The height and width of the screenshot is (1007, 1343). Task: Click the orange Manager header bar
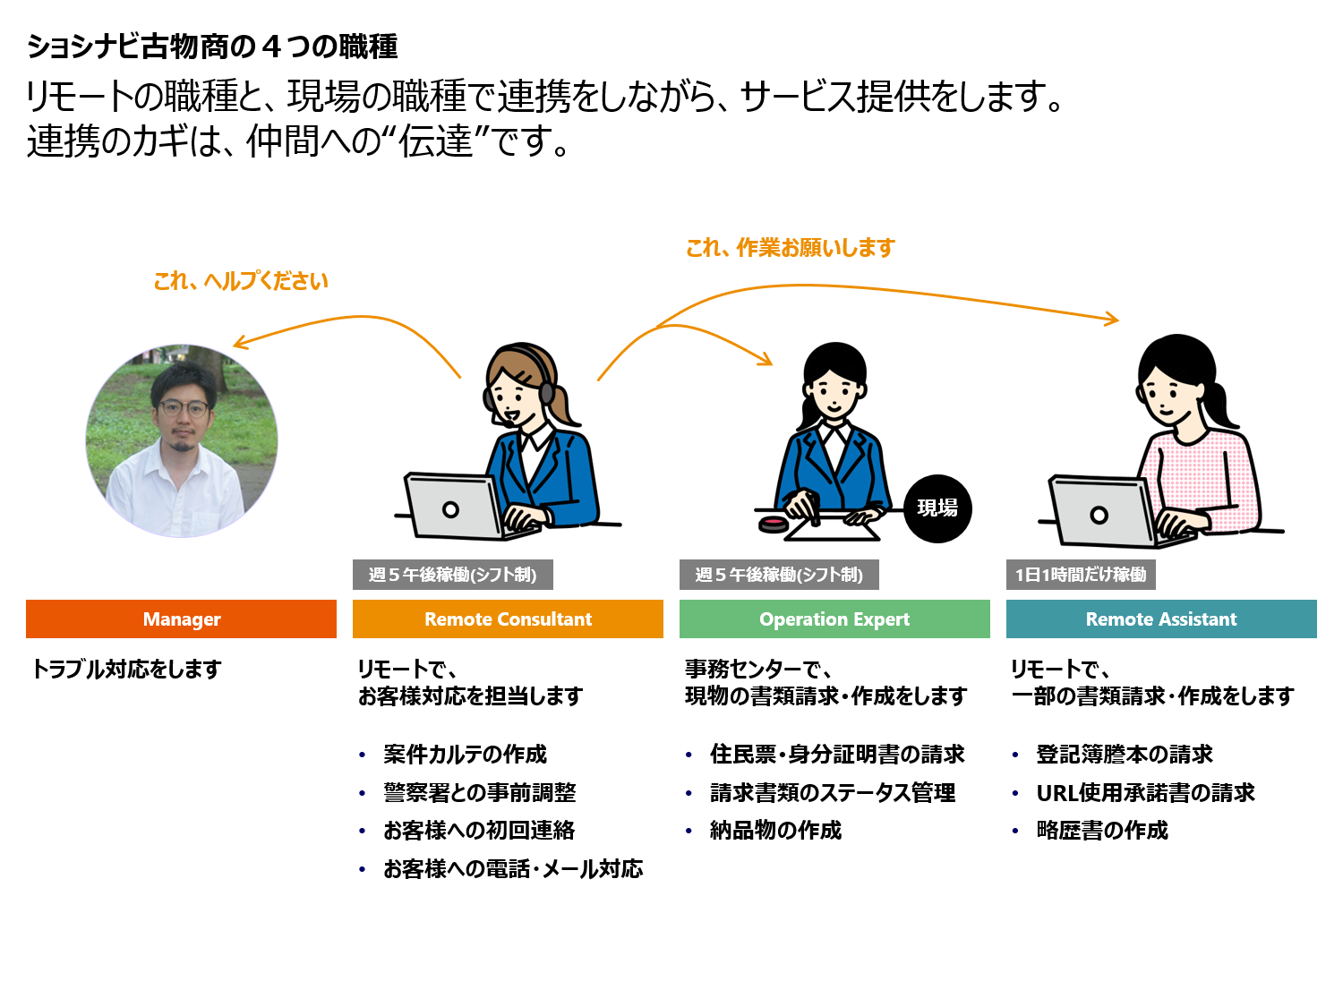(x=181, y=619)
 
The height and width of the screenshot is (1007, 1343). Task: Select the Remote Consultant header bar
(x=508, y=619)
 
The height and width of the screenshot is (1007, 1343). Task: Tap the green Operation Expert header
(x=834, y=619)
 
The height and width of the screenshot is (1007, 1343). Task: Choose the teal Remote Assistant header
(x=1161, y=619)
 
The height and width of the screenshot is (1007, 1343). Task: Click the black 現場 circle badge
(x=937, y=508)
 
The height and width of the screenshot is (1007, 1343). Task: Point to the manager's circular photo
(x=182, y=440)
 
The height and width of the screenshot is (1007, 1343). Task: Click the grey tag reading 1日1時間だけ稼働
(x=1081, y=575)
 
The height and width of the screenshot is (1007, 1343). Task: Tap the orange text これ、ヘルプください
(x=241, y=281)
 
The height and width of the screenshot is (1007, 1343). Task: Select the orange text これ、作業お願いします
(x=791, y=248)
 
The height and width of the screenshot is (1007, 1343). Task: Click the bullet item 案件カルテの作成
(x=465, y=755)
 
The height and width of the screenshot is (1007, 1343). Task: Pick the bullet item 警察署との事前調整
(x=480, y=793)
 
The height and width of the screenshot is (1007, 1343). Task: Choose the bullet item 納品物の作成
(x=775, y=831)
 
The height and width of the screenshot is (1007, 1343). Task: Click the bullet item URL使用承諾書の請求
(x=1145, y=793)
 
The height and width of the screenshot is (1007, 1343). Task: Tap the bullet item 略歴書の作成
(x=1102, y=831)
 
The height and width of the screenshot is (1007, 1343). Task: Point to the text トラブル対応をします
(x=126, y=669)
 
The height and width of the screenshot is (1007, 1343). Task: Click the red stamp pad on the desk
(x=772, y=524)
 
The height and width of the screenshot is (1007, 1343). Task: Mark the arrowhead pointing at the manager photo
(x=238, y=343)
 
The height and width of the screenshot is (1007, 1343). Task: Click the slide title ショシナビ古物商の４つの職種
(x=212, y=47)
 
